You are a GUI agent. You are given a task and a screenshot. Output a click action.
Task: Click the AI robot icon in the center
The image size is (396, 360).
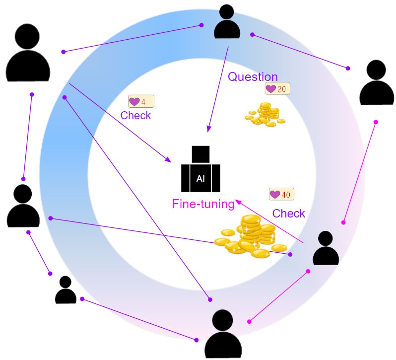point(200,170)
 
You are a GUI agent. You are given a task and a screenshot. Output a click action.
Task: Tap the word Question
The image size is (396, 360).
point(253,77)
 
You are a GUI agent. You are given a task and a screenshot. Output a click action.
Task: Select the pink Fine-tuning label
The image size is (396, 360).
point(203,204)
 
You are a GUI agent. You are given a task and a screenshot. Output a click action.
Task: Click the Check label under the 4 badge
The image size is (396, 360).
point(135,116)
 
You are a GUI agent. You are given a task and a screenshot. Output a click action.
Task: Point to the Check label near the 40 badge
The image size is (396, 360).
point(289,214)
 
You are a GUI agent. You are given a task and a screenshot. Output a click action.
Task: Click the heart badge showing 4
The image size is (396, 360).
point(141,102)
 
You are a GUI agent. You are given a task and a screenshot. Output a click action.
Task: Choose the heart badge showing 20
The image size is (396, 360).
point(277,89)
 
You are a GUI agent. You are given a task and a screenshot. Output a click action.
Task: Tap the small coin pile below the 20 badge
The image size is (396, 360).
point(265,115)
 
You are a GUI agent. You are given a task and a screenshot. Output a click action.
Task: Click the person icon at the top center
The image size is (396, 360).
point(227,22)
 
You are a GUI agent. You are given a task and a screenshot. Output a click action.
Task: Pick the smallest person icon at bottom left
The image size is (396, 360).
point(66,290)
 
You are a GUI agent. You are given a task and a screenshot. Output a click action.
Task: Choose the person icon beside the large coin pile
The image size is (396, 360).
point(326,248)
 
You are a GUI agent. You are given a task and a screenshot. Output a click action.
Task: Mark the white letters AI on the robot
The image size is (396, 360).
point(200,179)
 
